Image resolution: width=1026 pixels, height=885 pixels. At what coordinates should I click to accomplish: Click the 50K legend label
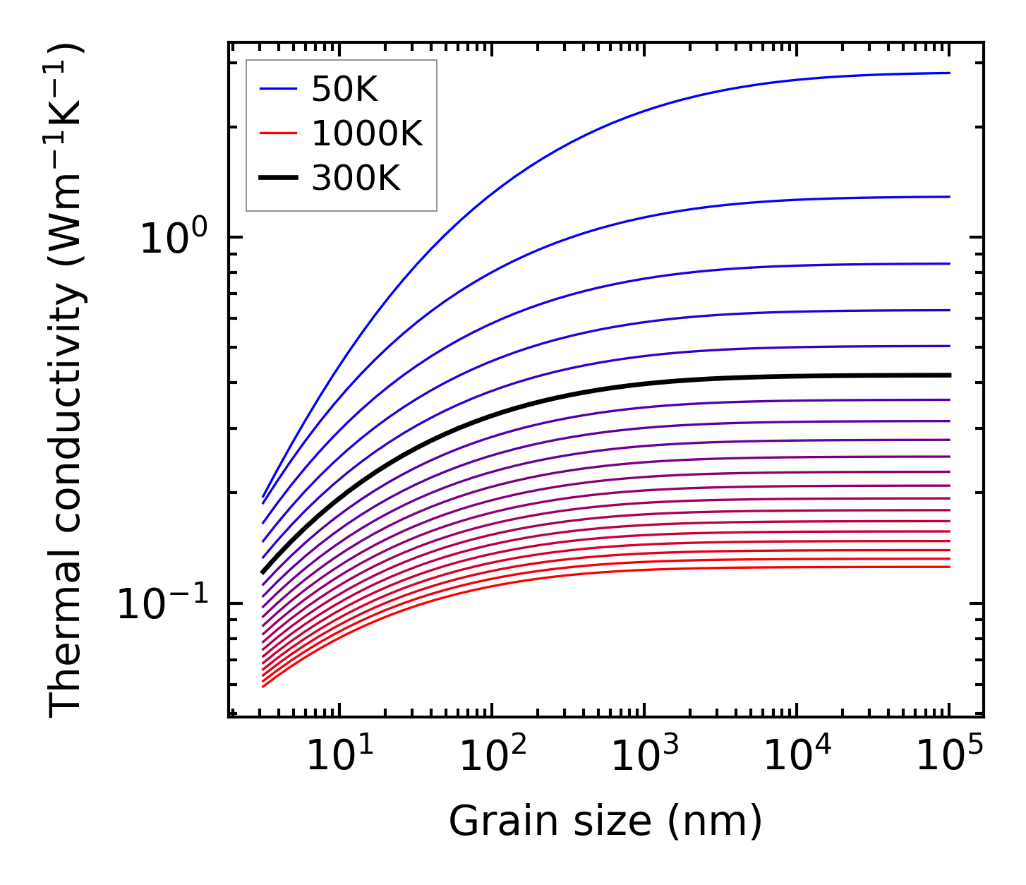tap(344, 90)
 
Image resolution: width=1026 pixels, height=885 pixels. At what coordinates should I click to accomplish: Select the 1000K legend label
tap(366, 134)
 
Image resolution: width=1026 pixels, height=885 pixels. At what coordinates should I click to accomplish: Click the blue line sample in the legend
tap(278, 90)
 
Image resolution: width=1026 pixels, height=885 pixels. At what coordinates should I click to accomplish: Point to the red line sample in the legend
tap(278, 134)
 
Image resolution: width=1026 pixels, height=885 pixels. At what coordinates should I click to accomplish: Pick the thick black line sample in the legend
tap(278, 179)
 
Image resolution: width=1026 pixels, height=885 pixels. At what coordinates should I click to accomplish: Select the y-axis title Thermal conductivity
tap(67, 381)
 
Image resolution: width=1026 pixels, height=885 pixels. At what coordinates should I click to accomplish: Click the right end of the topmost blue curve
tap(949, 73)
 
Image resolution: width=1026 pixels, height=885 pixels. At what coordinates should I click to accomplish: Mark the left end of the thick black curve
tap(262, 572)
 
